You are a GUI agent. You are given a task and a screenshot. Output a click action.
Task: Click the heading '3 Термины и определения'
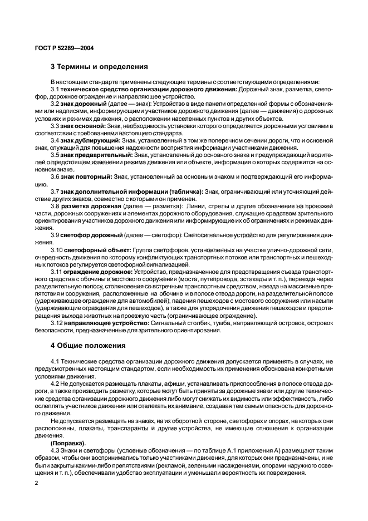pyautogui.click(x=99, y=67)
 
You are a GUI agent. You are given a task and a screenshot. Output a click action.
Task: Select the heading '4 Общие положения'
pyautogui.click(x=87, y=345)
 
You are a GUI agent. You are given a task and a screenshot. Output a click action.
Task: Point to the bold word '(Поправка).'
pyautogui.click(x=67, y=443)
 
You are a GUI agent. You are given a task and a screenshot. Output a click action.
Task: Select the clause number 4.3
pyautogui.click(x=55, y=450)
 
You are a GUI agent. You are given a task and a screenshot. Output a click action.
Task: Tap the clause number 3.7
pyautogui.click(x=55, y=191)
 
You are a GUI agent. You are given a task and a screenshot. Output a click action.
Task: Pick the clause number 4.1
pyautogui.click(x=55, y=362)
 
